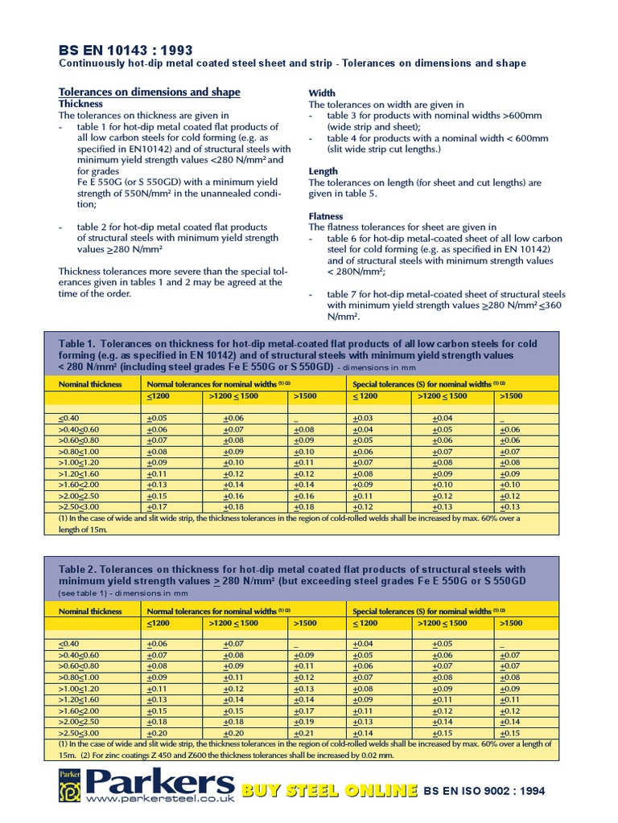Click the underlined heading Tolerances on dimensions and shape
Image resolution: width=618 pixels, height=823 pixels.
click(150, 92)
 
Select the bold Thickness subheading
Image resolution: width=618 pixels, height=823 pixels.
click(80, 104)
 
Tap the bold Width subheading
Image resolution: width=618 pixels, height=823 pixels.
click(322, 93)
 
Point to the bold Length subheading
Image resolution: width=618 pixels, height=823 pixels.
click(323, 171)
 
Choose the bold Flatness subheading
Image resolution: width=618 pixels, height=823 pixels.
click(326, 216)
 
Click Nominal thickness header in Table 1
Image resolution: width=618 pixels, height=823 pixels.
click(90, 384)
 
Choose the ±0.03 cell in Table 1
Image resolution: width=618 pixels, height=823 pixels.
click(363, 419)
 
